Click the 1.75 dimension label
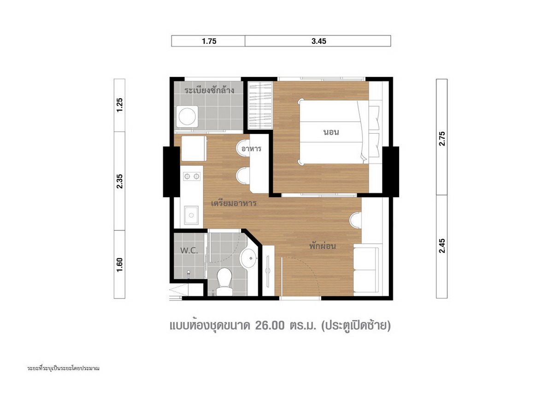tap(209, 41)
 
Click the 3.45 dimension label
tap(319, 41)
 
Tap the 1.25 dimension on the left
tap(119, 105)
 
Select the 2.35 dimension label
tap(119, 181)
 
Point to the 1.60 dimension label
tap(119, 265)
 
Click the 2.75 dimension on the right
tap(442, 139)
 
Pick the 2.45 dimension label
tap(442, 246)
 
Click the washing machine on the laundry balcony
tap(187, 117)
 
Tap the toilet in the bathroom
tap(224, 281)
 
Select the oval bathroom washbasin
tap(248, 258)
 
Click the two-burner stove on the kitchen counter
tap(192, 176)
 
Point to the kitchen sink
tap(191, 215)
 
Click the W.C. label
tap(189, 251)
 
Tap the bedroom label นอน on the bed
tap(331, 132)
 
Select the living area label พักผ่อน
tap(323, 246)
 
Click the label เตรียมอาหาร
tap(234, 204)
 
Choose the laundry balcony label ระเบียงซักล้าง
tap(209, 90)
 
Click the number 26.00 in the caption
tap(270, 326)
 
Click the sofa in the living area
tap(366, 269)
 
